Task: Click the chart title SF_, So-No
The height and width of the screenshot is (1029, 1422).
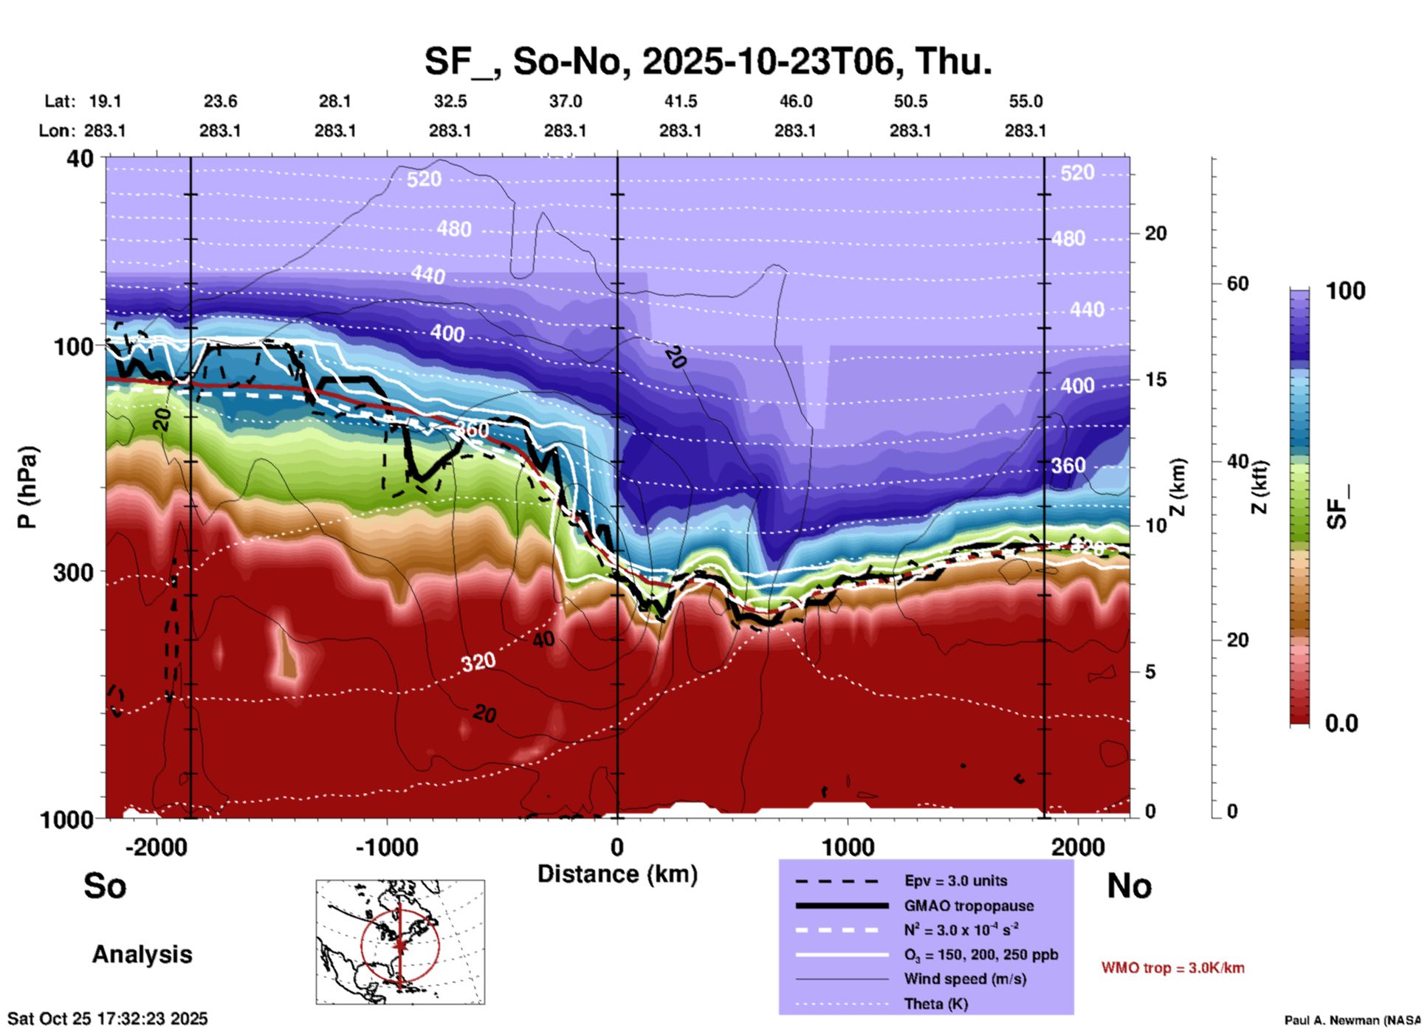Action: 707,61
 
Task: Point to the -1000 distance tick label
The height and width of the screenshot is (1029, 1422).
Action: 386,847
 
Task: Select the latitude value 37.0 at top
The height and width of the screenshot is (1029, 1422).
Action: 565,101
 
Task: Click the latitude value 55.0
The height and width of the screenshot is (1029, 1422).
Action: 1026,101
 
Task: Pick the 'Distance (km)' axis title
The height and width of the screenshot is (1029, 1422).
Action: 617,874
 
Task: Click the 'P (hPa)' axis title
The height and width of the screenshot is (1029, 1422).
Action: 27,487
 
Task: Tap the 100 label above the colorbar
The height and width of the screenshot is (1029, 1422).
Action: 1345,291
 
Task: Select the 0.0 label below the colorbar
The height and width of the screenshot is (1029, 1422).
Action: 1342,723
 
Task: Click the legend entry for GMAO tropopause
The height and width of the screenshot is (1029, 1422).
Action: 969,906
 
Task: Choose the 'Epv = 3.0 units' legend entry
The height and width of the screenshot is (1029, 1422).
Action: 955,881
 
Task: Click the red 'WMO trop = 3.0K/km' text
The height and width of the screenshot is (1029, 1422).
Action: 1172,968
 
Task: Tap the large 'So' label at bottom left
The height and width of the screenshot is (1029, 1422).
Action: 105,886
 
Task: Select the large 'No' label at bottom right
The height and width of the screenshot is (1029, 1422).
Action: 1129,886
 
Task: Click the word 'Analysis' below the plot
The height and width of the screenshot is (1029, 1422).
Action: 142,954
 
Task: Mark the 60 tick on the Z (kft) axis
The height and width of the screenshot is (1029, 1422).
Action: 1237,283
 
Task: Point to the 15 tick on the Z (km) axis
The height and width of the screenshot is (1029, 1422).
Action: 1155,379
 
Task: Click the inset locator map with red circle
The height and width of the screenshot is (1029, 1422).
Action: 400,942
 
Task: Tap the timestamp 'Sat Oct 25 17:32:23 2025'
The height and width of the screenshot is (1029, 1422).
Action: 108,1019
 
